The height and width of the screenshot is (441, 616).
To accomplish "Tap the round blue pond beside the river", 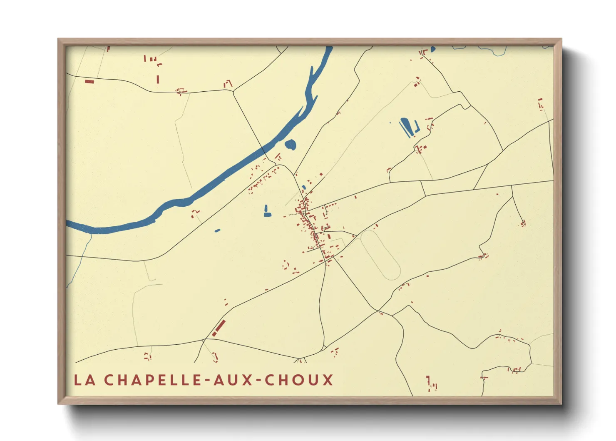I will click(291, 145).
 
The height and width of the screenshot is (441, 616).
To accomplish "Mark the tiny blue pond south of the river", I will click(217, 231).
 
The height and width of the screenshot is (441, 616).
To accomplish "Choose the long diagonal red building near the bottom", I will click(219, 328).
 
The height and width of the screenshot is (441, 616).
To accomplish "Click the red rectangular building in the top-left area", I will click(89, 81).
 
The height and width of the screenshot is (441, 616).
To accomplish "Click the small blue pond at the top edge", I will click(433, 49).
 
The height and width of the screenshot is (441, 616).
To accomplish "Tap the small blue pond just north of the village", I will click(304, 187).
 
